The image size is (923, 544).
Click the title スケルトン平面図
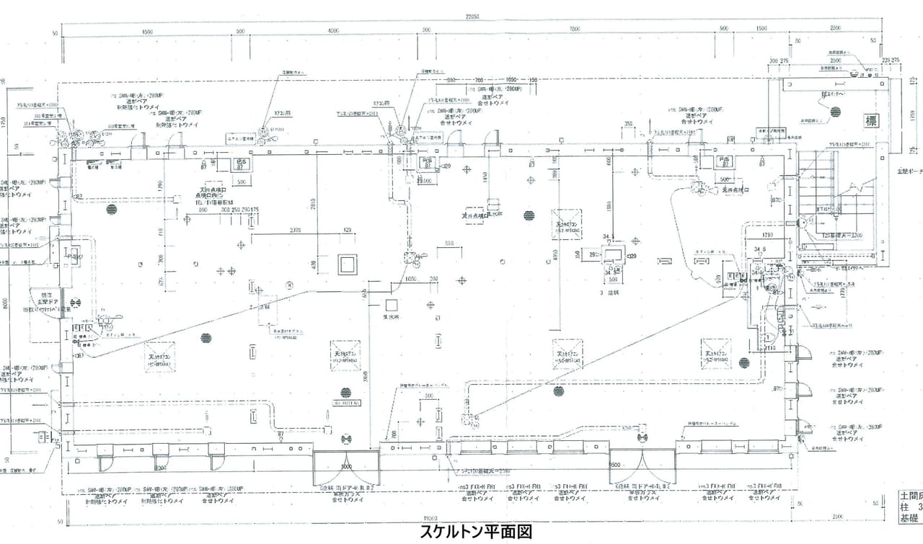pyautogui.click(x=476, y=532)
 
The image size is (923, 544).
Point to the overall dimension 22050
pyautogui.click(x=472, y=17)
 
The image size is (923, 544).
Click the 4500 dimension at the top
pyautogui.click(x=148, y=31)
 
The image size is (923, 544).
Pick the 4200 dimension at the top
pyautogui.click(x=332, y=31)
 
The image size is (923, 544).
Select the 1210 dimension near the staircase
pyautogui.click(x=766, y=235)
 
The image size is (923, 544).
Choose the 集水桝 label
pyautogui.click(x=392, y=316)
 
